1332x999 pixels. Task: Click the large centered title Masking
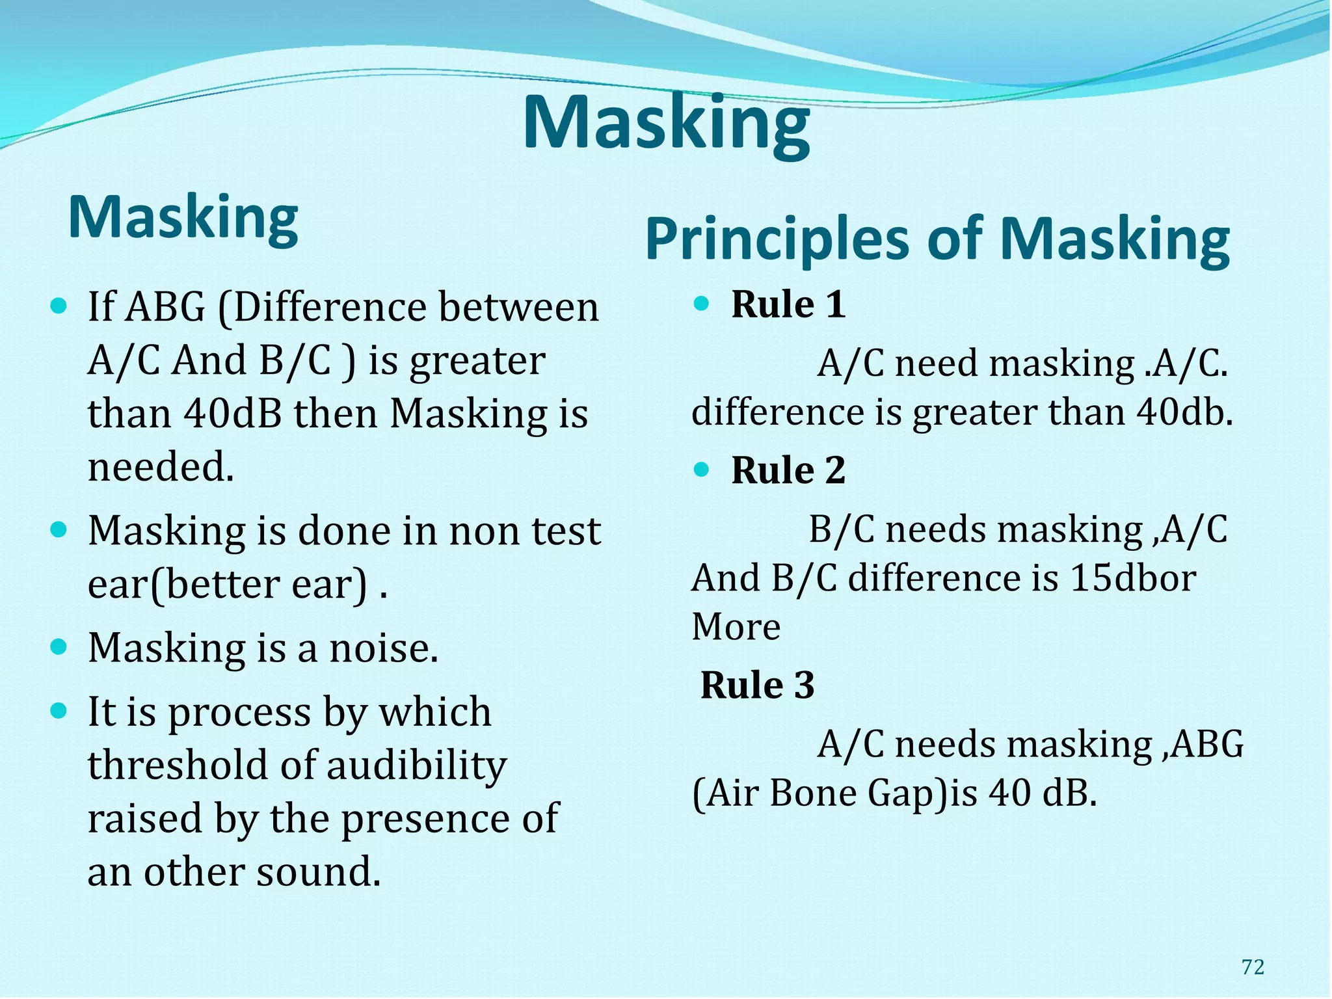click(666, 124)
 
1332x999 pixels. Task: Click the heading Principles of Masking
click(937, 239)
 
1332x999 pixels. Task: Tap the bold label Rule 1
click(788, 304)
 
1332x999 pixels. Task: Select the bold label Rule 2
click(788, 470)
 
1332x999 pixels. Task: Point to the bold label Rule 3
click(757, 685)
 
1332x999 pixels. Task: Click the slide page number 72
click(1253, 967)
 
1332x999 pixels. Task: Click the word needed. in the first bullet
click(161, 467)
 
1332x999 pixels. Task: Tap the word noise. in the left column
click(384, 648)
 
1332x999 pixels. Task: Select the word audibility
click(416, 766)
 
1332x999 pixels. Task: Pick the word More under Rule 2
click(736, 627)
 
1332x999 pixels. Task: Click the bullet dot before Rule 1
click(700, 304)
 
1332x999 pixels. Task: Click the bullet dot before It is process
click(59, 710)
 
